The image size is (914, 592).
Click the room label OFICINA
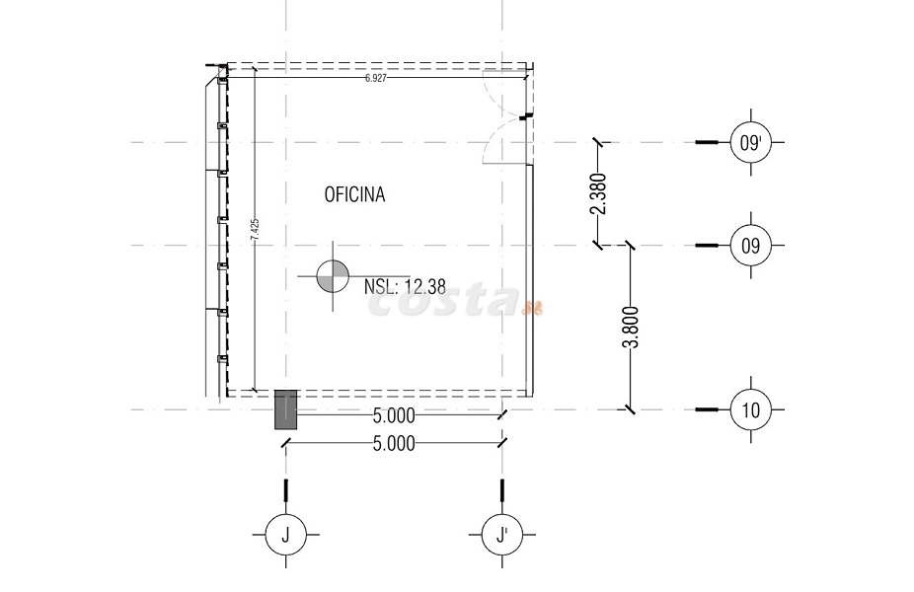click(354, 195)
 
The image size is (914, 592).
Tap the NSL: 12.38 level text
click(405, 287)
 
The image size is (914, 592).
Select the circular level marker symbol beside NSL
click(333, 275)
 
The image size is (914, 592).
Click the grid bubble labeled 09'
click(750, 143)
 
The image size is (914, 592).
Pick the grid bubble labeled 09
click(750, 245)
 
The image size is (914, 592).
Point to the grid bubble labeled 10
click(750, 409)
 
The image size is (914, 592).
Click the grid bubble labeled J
click(285, 535)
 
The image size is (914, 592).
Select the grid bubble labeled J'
click(502, 535)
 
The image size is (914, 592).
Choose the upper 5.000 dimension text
click(394, 417)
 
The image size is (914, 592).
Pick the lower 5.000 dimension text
click(394, 444)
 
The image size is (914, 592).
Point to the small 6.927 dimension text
click(375, 78)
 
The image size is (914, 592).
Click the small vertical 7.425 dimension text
click(255, 230)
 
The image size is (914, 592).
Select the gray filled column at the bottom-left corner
click(285, 408)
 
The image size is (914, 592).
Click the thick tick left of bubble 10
click(708, 409)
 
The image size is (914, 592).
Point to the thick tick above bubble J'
click(502, 489)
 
